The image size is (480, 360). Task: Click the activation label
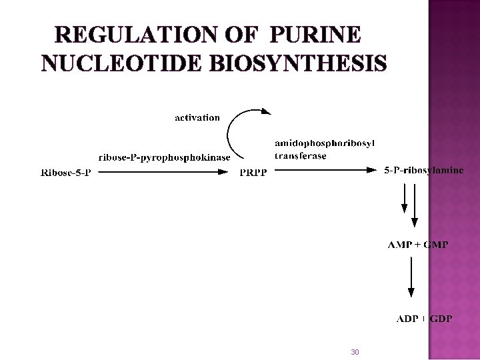[197, 117]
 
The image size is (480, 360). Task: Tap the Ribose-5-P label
[65, 173]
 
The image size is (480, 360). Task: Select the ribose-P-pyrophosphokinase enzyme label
[164, 158]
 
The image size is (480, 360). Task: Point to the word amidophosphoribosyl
[325, 143]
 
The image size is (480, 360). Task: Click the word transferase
[301, 156]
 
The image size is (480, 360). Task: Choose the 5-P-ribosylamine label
[424, 171]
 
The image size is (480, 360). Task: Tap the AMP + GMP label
[418, 245]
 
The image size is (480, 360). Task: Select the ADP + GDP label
[424, 319]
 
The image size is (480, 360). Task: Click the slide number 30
[355, 351]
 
